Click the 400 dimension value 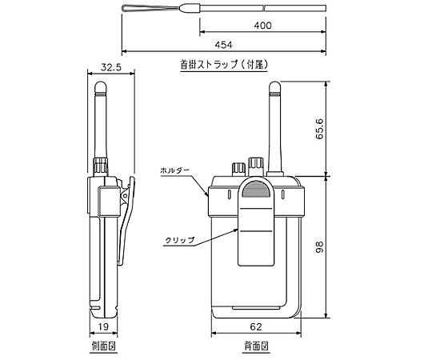pyautogui.click(x=262, y=26)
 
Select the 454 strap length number pyautogui.click(x=224, y=45)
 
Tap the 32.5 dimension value pyautogui.click(x=110, y=67)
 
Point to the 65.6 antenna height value pyautogui.click(x=320, y=129)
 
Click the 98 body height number pyautogui.click(x=320, y=246)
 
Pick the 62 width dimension pyautogui.click(x=256, y=326)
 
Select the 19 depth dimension pyautogui.click(x=103, y=326)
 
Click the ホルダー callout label pyautogui.click(x=175, y=170)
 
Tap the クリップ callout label pyautogui.click(x=180, y=240)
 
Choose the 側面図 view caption pyautogui.click(x=103, y=346)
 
